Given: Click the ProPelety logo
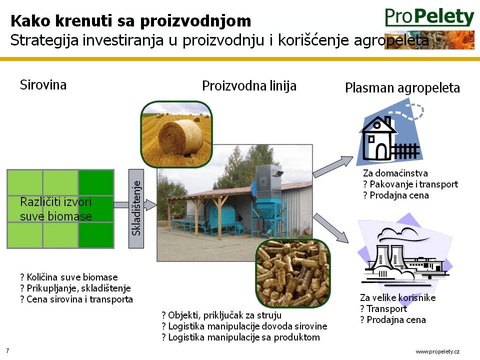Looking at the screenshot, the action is coord(429,17).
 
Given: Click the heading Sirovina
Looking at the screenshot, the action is coord(43,85).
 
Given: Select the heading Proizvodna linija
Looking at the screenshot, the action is coord(249,85).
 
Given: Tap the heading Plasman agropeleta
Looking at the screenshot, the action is coord(402,88).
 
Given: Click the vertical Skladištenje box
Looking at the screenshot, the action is coord(136,208).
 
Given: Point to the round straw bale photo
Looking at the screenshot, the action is coord(176,134).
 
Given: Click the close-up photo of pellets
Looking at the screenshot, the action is coord(293,273).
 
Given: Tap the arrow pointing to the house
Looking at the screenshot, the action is coord(333,167).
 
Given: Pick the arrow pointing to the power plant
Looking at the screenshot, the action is coord(331,228).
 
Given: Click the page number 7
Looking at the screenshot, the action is coord(7,350).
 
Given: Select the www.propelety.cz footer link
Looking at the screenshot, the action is coord(437,351).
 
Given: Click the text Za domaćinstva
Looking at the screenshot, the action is coord(395,173).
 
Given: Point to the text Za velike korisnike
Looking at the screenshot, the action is coord(397,297).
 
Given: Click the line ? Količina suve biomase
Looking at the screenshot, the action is coord(69,277).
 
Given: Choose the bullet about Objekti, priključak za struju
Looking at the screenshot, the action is coord(221,315).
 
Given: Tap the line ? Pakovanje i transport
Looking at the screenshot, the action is coord(410,184).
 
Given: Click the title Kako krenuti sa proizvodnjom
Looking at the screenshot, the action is coord(130,21).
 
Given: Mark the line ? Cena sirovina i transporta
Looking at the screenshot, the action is coord(76,299).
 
